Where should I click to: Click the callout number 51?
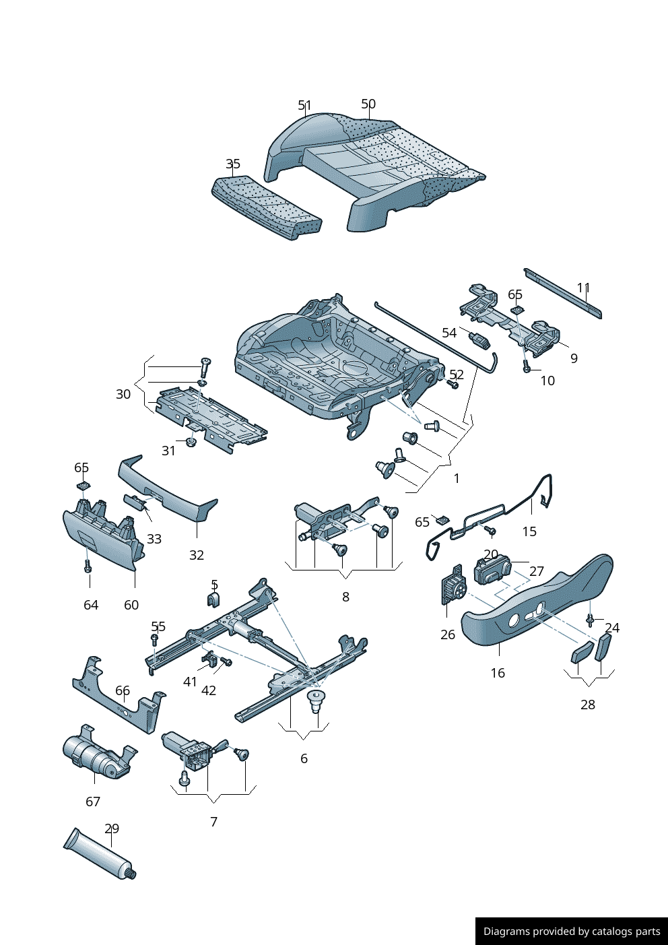[304, 106]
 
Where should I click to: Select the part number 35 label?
[232, 164]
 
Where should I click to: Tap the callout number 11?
[583, 288]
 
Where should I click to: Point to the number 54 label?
[449, 333]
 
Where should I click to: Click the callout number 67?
[93, 802]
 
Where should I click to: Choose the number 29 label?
[112, 828]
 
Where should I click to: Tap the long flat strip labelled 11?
[562, 293]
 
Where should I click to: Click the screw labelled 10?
[526, 368]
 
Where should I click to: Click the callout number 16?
[498, 673]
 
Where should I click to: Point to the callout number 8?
[345, 597]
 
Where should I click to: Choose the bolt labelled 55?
[154, 639]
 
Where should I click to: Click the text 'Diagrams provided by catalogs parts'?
[572, 932]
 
